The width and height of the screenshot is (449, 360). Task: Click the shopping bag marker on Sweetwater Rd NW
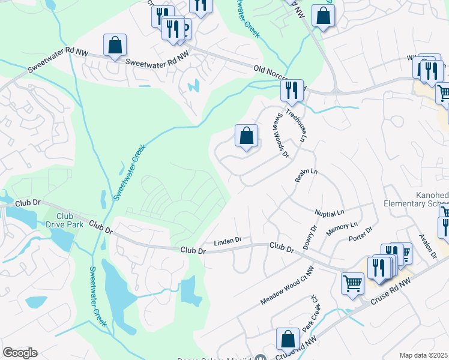pyautogui.click(x=115, y=46)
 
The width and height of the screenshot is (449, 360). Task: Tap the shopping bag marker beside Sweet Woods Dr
pyautogui.click(x=246, y=136)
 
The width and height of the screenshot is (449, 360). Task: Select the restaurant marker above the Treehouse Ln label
pyautogui.click(x=292, y=91)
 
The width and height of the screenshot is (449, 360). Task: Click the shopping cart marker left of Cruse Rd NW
pyautogui.click(x=352, y=283)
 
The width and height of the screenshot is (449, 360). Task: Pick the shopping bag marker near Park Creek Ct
pyautogui.click(x=288, y=339)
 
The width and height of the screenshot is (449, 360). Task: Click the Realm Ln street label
pyautogui.click(x=306, y=176)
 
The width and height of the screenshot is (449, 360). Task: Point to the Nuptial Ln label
pyautogui.click(x=330, y=213)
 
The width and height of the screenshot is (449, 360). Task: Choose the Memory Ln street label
pyautogui.click(x=342, y=229)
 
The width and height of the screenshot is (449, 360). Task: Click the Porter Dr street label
pyautogui.click(x=361, y=234)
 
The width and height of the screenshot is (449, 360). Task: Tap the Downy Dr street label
pyautogui.click(x=310, y=238)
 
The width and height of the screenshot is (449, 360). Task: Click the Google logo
pyautogui.click(x=20, y=353)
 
